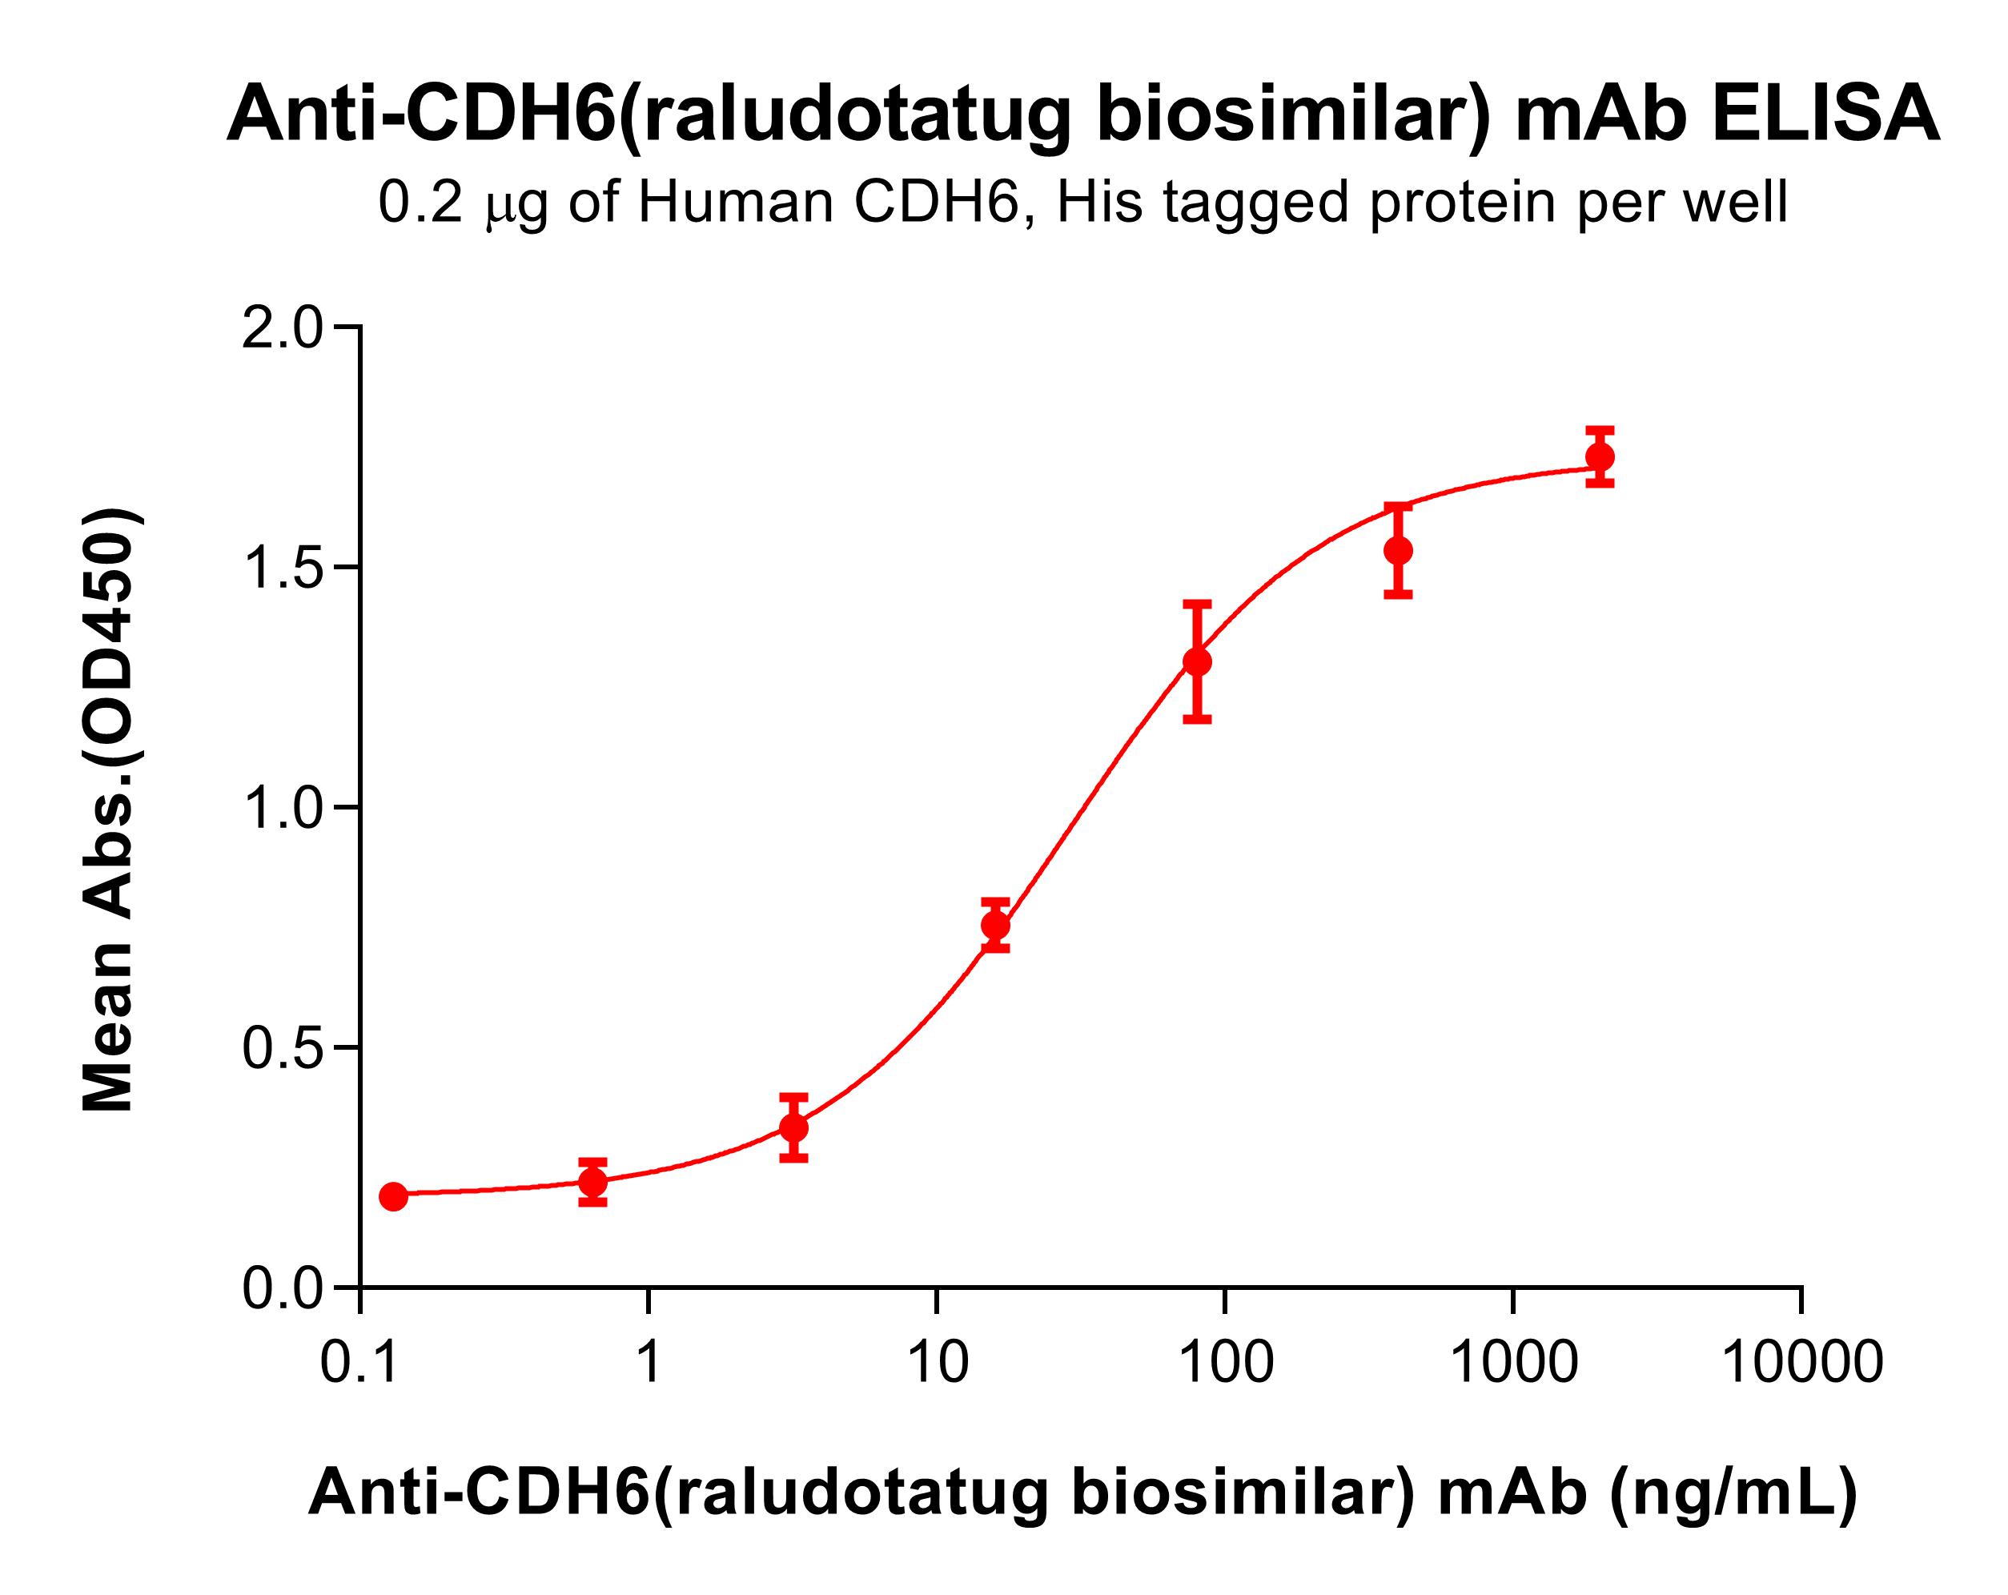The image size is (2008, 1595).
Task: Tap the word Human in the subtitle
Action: [x=735, y=202]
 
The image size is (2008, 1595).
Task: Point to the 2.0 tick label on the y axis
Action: [x=281, y=329]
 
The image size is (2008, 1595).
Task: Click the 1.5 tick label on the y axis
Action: [x=281, y=568]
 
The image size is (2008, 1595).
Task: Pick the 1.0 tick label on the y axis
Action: [x=281, y=809]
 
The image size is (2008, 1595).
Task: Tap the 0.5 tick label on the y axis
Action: [x=281, y=1048]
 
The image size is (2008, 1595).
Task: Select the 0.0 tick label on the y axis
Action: [x=281, y=1289]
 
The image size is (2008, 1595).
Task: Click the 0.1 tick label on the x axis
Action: [x=359, y=1363]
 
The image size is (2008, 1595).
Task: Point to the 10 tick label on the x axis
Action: [x=937, y=1363]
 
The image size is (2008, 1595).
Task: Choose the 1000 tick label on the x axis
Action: [x=1513, y=1363]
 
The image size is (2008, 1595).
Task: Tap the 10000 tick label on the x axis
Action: [x=1801, y=1363]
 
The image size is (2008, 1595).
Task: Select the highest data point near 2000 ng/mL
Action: [x=1600, y=456]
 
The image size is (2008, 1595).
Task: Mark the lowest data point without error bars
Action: [x=393, y=1196]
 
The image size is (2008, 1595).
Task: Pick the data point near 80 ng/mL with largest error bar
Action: [x=1197, y=662]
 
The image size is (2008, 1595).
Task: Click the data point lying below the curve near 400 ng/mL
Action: [x=1398, y=551]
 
